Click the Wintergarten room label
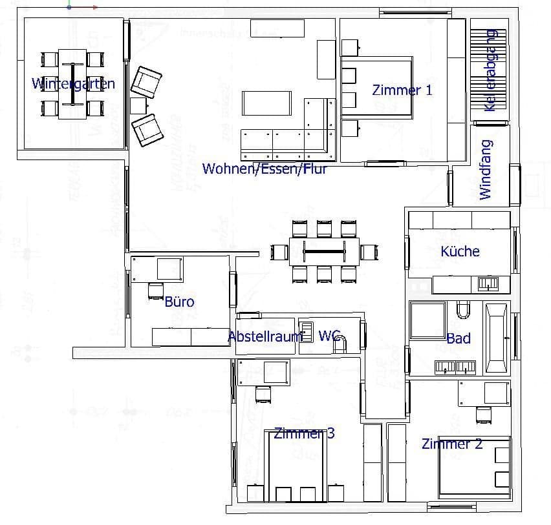click(73, 83)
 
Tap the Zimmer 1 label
click(402, 90)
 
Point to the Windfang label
click(486, 169)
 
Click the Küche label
click(460, 251)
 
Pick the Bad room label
click(458, 338)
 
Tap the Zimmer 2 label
click(451, 444)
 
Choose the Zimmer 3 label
click(304, 433)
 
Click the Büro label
click(179, 302)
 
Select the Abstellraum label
click(265, 336)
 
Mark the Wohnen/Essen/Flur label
click(265, 169)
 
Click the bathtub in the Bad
click(497, 338)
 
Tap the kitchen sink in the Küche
click(487, 282)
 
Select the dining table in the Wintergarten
click(72, 83)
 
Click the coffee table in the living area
click(266, 103)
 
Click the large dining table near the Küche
click(324, 251)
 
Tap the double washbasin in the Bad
click(455, 367)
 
